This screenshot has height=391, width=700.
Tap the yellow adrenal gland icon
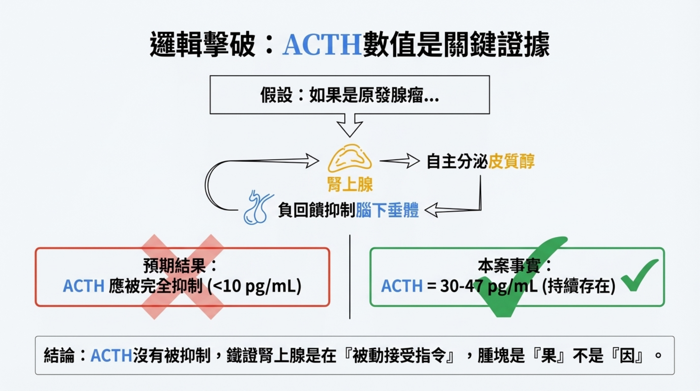click(x=350, y=159)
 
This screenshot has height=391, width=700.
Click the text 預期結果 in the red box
click(x=174, y=266)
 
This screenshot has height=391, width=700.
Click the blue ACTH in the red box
click(x=84, y=286)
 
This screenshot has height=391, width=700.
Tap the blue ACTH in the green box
click(x=402, y=286)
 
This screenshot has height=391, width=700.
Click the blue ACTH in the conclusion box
click(x=111, y=355)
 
